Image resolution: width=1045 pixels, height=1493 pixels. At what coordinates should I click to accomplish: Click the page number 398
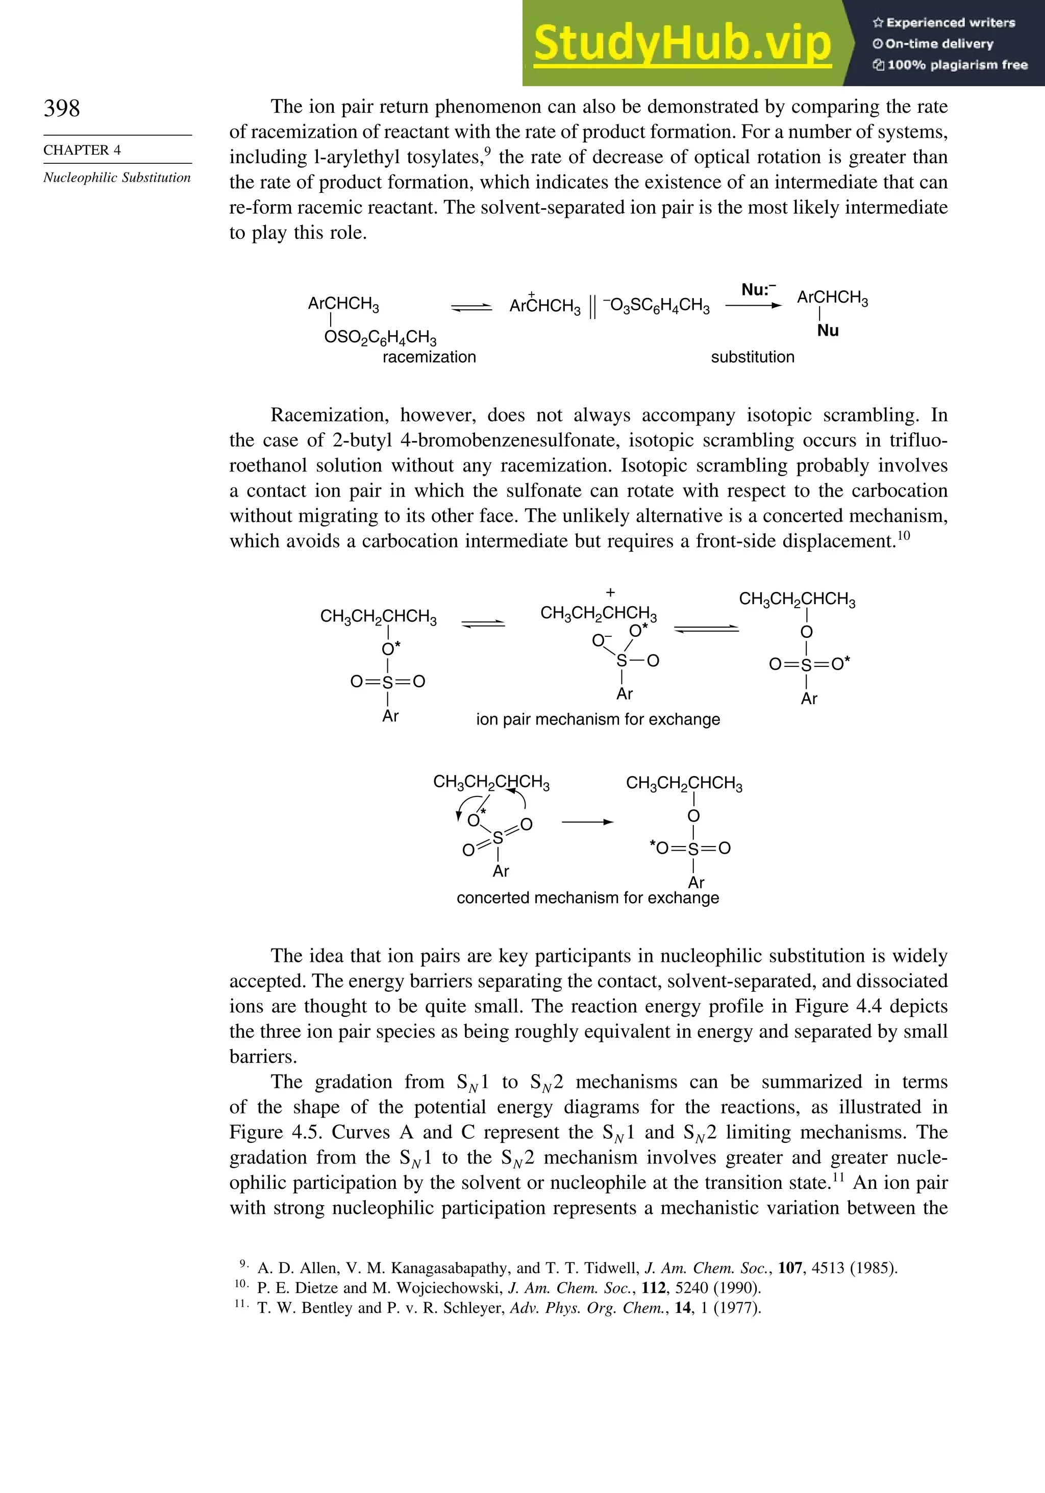(x=62, y=109)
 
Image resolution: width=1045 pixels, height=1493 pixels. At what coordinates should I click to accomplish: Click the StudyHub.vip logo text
(x=682, y=43)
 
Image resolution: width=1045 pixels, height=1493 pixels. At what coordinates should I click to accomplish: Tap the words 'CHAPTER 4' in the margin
(x=82, y=150)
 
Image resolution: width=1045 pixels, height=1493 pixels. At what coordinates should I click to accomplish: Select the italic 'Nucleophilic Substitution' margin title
(x=117, y=178)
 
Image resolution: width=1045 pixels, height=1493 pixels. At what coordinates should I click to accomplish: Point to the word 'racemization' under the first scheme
(x=429, y=357)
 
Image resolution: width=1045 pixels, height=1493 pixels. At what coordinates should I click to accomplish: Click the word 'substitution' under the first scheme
(x=753, y=357)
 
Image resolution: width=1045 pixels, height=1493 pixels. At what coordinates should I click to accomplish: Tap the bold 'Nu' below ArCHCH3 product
(x=827, y=331)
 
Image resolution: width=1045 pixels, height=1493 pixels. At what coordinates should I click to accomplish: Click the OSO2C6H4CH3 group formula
(x=381, y=337)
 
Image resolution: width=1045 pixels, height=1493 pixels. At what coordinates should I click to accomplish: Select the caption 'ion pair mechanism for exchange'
(x=598, y=719)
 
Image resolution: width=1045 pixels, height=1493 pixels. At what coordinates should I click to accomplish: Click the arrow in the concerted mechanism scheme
(x=587, y=822)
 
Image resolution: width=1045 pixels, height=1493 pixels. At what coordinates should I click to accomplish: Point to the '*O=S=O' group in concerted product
(x=690, y=848)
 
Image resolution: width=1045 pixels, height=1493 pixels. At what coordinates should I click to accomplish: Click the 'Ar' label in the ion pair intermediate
(x=624, y=694)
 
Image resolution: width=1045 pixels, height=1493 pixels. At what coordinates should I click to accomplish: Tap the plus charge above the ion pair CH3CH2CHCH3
(x=610, y=592)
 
